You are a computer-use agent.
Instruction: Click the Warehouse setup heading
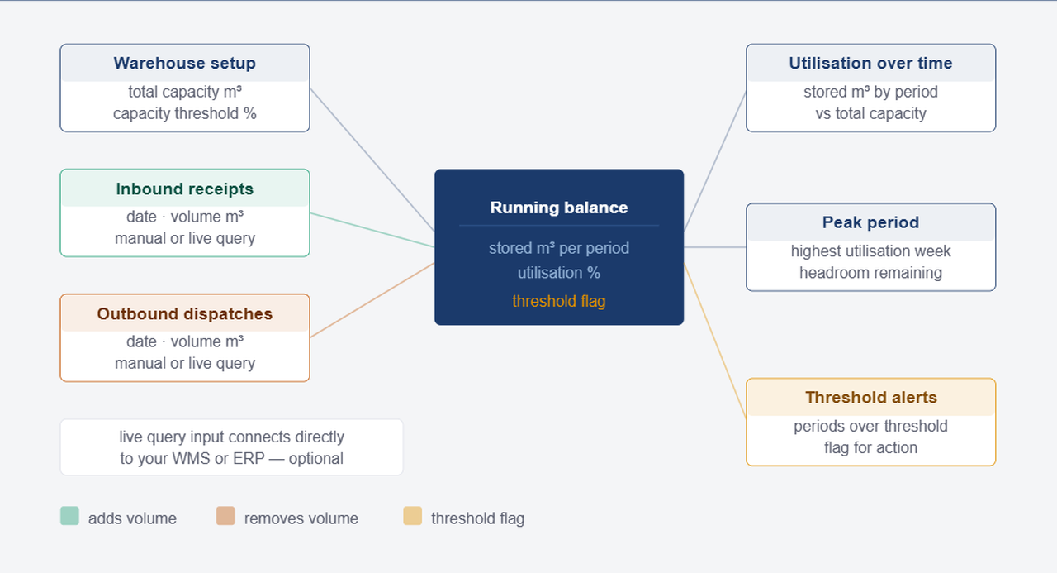click(x=184, y=64)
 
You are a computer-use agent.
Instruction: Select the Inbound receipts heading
click(x=184, y=189)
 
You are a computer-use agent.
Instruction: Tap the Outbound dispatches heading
click(x=184, y=314)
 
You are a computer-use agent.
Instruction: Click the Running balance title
click(x=559, y=208)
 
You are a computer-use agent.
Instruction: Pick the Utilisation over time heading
click(x=870, y=64)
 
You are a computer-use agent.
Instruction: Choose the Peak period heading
click(x=870, y=222)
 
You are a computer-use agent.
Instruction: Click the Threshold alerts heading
click(x=870, y=398)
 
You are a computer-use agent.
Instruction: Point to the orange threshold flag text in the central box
click(x=559, y=301)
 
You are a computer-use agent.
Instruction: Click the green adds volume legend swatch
click(x=69, y=517)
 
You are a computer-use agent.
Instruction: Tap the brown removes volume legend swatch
click(x=225, y=517)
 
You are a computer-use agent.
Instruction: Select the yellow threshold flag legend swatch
click(x=412, y=517)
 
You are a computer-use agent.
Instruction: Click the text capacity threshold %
click(x=184, y=113)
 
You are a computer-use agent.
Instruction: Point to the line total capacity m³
click(x=184, y=92)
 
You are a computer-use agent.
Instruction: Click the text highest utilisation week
click(x=870, y=251)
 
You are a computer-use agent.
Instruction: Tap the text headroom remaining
click(x=870, y=272)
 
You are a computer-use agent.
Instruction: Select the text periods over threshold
click(x=870, y=426)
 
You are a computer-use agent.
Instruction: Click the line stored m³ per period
click(x=559, y=248)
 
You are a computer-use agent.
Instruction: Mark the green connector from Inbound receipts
click(x=372, y=230)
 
